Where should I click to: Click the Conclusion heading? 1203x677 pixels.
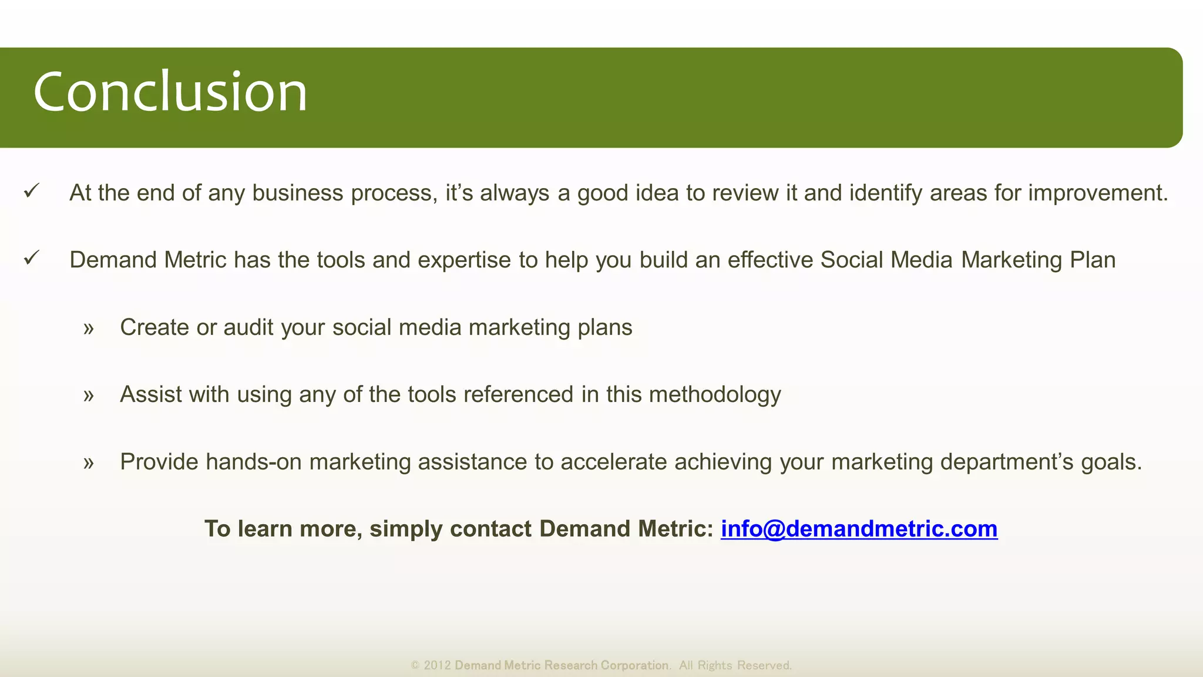pos(170,92)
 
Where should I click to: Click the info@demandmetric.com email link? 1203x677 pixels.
pos(859,529)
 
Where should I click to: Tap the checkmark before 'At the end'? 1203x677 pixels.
pos(32,191)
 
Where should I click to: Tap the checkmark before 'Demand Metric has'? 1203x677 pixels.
pos(32,258)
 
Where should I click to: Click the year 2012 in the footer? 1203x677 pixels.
pos(437,665)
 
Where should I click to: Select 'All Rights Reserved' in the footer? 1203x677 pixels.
pos(735,665)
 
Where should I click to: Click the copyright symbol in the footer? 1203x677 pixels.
pos(415,665)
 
